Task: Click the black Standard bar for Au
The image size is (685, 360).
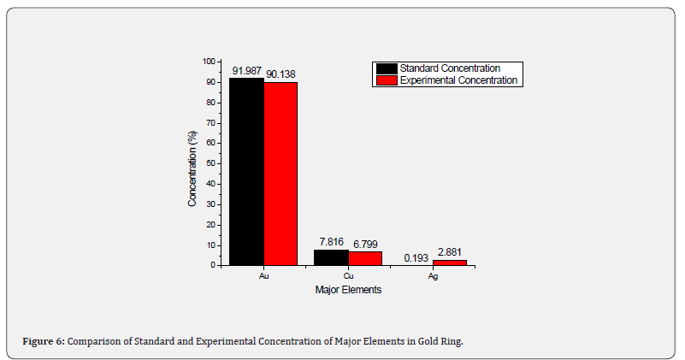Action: (246, 171)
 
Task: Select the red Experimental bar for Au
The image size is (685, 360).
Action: (280, 174)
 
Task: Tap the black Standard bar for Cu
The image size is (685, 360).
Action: (331, 257)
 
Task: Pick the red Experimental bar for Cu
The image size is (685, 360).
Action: (365, 258)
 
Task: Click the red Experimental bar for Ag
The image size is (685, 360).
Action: (450, 262)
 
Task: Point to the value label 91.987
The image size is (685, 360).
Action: (247, 70)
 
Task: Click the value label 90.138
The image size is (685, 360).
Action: (280, 74)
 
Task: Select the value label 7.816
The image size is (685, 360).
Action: (332, 242)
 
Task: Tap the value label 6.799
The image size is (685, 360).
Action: (366, 244)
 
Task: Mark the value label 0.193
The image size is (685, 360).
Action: (416, 257)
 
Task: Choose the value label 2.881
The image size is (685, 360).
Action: (450, 252)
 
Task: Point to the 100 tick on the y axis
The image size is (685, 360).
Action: (209, 62)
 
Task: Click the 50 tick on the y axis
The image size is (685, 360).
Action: (210, 163)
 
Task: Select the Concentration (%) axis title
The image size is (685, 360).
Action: (193, 163)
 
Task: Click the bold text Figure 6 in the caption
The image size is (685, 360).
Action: (44, 342)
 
